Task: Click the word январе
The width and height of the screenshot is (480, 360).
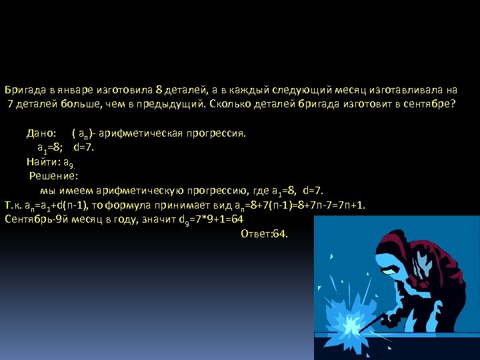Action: click(x=74, y=89)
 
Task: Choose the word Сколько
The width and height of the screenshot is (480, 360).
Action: click(x=230, y=104)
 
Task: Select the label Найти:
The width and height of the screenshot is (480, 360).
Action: click(x=43, y=161)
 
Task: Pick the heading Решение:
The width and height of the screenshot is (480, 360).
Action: click(x=54, y=176)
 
